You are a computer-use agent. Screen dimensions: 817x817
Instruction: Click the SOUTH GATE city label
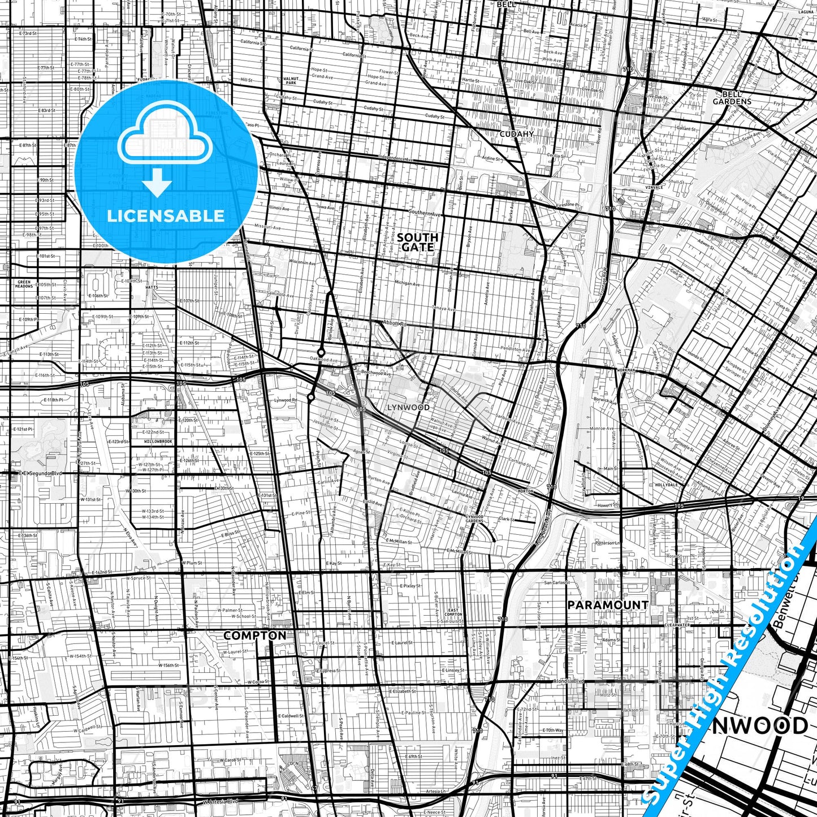(x=418, y=242)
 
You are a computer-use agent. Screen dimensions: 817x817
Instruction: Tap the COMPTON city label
(x=254, y=636)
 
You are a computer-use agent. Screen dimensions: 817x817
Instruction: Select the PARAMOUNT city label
(x=608, y=605)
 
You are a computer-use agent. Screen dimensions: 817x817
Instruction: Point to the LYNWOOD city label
(x=408, y=407)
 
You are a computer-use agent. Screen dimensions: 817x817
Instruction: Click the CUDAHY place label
(x=516, y=134)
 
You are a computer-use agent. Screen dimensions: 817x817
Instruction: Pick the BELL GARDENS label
(x=732, y=98)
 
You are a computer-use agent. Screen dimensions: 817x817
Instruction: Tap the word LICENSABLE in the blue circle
(x=166, y=216)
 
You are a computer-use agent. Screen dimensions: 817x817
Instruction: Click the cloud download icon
(x=165, y=149)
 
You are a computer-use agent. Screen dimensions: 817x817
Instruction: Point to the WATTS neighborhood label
(x=152, y=287)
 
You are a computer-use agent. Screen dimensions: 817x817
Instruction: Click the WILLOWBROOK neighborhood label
(x=158, y=441)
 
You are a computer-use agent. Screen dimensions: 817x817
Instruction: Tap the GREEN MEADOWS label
(x=25, y=284)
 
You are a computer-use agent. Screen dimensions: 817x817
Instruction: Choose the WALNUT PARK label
(x=291, y=81)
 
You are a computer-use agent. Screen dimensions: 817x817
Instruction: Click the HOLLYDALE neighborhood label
(x=667, y=485)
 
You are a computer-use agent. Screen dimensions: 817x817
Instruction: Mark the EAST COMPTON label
(x=453, y=612)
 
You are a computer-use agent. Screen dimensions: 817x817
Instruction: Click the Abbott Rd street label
(x=394, y=324)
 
